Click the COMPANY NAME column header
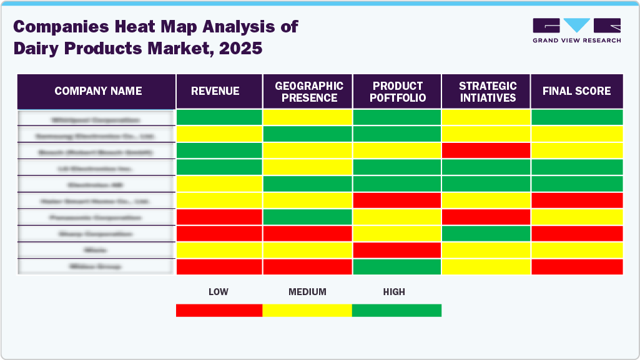click(x=97, y=91)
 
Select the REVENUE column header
click(x=215, y=91)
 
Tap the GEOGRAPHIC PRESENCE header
click(x=309, y=92)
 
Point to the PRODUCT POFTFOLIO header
click(x=398, y=92)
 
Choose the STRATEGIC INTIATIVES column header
click(x=487, y=92)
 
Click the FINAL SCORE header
click(x=576, y=91)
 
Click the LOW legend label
click(x=218, y=291)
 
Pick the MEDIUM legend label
click(x=307, y=291)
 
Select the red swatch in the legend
click(x=219, y=310)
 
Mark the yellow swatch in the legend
click(x=307, y=310)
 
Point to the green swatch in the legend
click(x=396, y=310)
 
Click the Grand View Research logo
click(x=576, y=31)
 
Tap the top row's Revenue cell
click(x=219, y=117)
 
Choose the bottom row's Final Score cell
click(x=577, y=266)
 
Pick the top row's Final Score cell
click(x=577, y=117)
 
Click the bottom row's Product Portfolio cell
click(x=397, y=266)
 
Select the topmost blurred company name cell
click(x=96, y=119)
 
